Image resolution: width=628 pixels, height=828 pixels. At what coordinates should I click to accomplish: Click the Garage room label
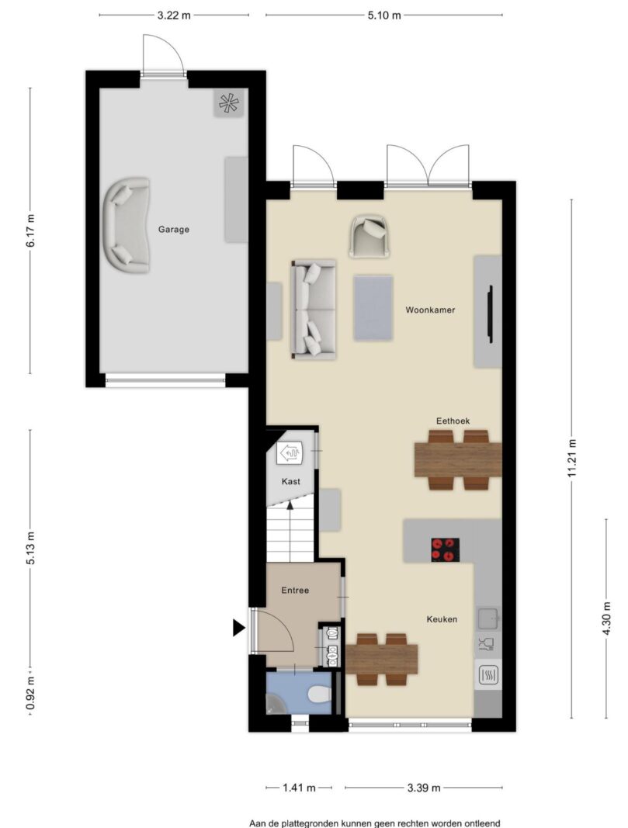tap(173, 230)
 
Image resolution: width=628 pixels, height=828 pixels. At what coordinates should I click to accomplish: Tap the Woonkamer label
tap(430, 310)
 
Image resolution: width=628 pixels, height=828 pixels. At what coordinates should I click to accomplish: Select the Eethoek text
tap(453, 421)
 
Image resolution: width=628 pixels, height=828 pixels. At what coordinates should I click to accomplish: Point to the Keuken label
tap(442, 619)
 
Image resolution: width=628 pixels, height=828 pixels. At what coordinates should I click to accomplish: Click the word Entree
tap(295, 591)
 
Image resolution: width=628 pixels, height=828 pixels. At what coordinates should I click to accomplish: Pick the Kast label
tap(291, 482)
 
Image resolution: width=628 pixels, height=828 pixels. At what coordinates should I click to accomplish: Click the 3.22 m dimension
tap(174, 16)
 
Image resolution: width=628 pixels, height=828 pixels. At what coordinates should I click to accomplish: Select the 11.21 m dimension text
tap(572, 459)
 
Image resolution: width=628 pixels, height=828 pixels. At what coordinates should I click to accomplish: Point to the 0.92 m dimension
tap(31, 693)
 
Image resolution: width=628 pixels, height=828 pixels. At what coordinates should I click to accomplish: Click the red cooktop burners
tap(445, 549)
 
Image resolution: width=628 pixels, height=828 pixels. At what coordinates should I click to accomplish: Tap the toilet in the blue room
tap(319, 693)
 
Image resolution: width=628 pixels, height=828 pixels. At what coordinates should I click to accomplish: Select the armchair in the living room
tap(370, 236)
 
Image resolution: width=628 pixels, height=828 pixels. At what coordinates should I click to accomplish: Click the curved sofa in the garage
tap(127, 225)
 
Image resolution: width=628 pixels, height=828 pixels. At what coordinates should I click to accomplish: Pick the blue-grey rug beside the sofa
tap(373, 308)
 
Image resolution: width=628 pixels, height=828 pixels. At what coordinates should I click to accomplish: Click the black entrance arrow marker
tap(239, 627)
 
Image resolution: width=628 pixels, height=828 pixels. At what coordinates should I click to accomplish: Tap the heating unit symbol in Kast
tap(289, 453)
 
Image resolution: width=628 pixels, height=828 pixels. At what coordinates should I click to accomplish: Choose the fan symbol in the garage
tap(229, 103)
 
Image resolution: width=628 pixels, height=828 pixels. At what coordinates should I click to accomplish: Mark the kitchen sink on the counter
tap(488, 618)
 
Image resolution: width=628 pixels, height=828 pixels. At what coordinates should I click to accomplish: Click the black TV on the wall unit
tap(491, 314)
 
